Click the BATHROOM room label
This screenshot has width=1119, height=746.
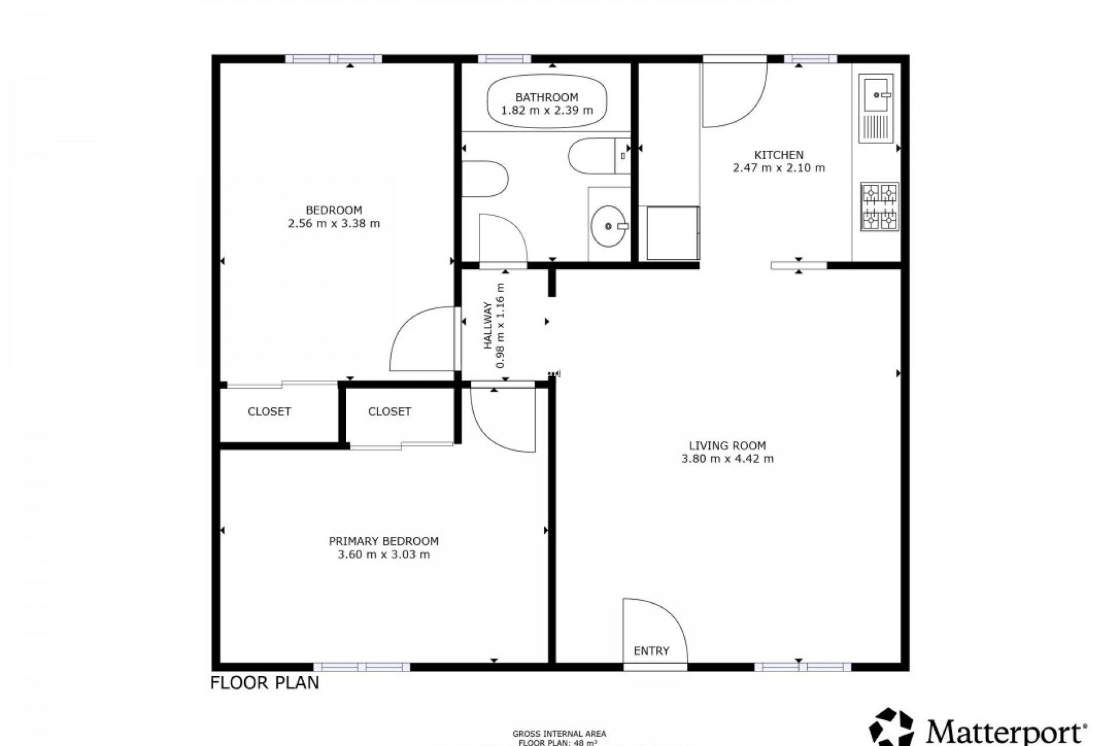tap(546, 97)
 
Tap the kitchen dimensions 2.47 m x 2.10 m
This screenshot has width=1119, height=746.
tap(779, 168)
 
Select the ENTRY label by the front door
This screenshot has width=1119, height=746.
tap(651, 650)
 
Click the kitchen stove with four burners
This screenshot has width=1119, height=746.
tap(879, 206)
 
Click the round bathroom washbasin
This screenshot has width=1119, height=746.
tap(608, 226)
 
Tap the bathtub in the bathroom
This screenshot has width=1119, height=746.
tap(547, 103)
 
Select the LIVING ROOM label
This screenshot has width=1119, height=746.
tap(727, 445)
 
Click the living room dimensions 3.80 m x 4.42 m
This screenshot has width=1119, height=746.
tap(727, 459)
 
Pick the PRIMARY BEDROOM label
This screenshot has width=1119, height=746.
tap(383, 541)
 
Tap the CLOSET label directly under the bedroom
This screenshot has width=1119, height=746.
tap(269, 411)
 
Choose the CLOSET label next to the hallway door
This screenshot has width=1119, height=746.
tap(389, 411)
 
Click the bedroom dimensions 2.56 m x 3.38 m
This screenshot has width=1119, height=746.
tap(334, 223)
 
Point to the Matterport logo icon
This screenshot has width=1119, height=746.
tap(892, 727)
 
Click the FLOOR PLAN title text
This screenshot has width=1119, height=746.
tap(265, 682)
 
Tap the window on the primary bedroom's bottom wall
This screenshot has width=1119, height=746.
tap(361, 667)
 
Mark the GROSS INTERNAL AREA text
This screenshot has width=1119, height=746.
tap(559, 734)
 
